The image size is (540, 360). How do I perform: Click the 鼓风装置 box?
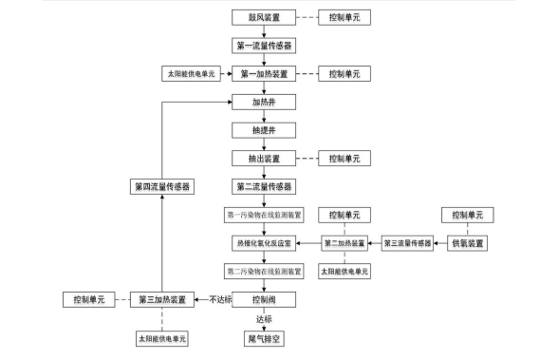pos(264,17)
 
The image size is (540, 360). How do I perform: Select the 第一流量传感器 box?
pos(264,45)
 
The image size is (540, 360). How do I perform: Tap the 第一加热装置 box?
pos(264,73)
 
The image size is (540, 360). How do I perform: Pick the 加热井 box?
pos(264,102)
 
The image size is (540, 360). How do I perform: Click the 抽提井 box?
pos(264,129)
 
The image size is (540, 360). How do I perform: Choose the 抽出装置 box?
pos(264,158)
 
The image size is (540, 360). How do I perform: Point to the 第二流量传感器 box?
pos(264,186)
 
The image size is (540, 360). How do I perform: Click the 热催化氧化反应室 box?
pos(264,243)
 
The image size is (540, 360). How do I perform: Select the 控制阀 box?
pos(264,299)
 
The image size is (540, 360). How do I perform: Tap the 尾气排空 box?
pos(264,337)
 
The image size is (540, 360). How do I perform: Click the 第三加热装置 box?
pos(162,299)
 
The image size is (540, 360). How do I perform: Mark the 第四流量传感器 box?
pos(162,186)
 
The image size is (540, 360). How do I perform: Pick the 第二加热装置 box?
pos(344,243)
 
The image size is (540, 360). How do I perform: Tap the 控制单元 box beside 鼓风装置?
pos(344,17)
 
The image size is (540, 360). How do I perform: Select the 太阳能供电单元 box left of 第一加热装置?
pos(191,73)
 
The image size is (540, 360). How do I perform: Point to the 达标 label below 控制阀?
pos(264,319)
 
